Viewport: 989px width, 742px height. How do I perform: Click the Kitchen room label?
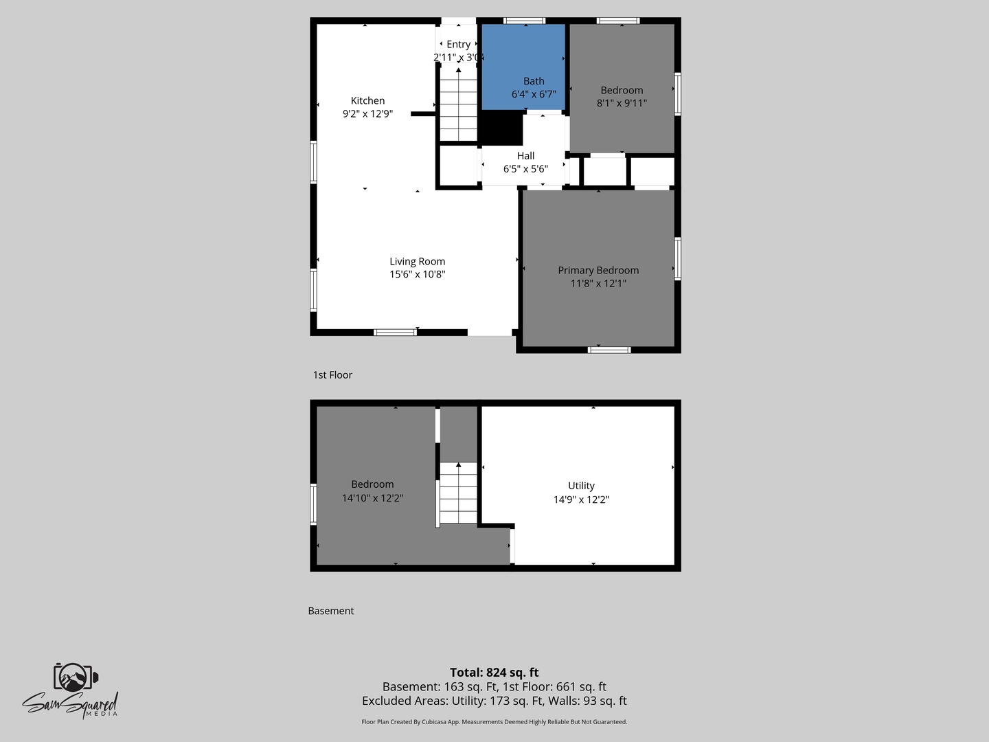(367, 100)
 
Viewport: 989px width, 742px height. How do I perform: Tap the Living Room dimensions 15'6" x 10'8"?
(417, 274)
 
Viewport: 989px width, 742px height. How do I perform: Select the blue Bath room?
(523, 67)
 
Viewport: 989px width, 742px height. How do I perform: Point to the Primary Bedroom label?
(598, 270)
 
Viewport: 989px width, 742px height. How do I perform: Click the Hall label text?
(526, 156)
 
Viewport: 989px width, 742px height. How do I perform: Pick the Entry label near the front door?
(458, 45)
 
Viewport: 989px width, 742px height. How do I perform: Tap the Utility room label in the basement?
(581, 486)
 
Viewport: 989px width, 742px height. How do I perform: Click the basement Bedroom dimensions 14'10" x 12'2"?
(372, 498)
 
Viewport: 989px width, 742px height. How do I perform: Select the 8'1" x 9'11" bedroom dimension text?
(622, 103)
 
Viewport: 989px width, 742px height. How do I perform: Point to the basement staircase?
(458, 493)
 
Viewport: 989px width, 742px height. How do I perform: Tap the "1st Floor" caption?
(332, 375)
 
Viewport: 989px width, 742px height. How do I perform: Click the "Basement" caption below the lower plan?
(331, 611)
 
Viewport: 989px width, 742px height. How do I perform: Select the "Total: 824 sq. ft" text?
(494, 672)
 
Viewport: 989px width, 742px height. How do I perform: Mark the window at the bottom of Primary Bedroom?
(609, 350)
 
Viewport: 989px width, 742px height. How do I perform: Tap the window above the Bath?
(525, 21)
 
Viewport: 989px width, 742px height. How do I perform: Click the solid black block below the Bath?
(502, 128)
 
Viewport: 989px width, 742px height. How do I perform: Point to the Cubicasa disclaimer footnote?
(494, 721)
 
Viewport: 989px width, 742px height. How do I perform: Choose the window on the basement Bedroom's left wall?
(314, 504)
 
